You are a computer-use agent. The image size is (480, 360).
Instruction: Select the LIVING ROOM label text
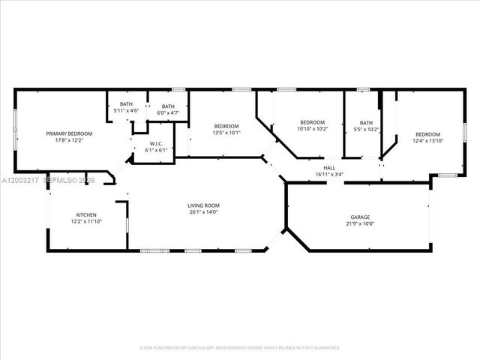202,205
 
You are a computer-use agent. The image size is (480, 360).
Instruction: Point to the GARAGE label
360,217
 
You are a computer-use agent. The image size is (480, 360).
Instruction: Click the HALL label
329,168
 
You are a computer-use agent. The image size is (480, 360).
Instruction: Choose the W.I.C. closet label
156,144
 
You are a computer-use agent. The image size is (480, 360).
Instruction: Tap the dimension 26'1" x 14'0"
202,211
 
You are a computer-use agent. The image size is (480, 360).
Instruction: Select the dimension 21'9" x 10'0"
360,223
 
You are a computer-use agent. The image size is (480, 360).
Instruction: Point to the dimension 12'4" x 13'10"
428,140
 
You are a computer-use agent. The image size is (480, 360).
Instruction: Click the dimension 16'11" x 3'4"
329,174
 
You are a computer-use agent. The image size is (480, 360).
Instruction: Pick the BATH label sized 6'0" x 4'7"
168,106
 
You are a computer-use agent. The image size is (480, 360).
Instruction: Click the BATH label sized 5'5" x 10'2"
366,123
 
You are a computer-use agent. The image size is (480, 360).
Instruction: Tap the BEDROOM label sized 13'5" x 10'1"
226,126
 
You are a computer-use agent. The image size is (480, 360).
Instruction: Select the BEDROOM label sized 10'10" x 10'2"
312,122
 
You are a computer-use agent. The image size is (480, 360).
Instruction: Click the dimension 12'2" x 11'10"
86,221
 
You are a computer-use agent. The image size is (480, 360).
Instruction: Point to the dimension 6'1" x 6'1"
156,150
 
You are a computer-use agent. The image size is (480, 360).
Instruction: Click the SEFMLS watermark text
58,181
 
